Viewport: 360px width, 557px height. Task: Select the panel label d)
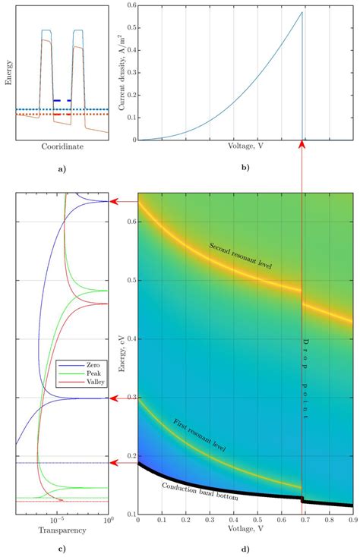pyautogui.click(x=245, y=549)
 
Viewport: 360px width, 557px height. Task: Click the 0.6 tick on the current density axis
pyautogui.click(x=131, y=5)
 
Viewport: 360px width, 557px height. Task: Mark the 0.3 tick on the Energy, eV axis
pyautogui.click(x=130, y=397)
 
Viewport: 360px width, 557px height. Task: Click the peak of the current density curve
pyautogui.click(x=302, y=12)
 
